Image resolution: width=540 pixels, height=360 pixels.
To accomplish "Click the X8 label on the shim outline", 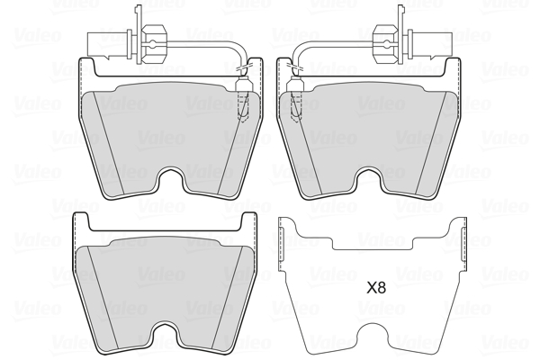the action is tap(376, 288).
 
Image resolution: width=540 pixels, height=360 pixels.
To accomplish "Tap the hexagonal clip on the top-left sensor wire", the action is tap(154, 44).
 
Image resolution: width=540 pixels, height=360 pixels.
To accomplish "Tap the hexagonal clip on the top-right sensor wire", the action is tap(386, 44).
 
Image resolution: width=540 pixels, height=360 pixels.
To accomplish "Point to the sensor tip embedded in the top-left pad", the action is tap(243, 100).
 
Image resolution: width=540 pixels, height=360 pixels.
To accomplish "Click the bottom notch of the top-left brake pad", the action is tap(170, 180).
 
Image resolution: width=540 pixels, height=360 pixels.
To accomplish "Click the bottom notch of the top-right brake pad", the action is tap(370, 180).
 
